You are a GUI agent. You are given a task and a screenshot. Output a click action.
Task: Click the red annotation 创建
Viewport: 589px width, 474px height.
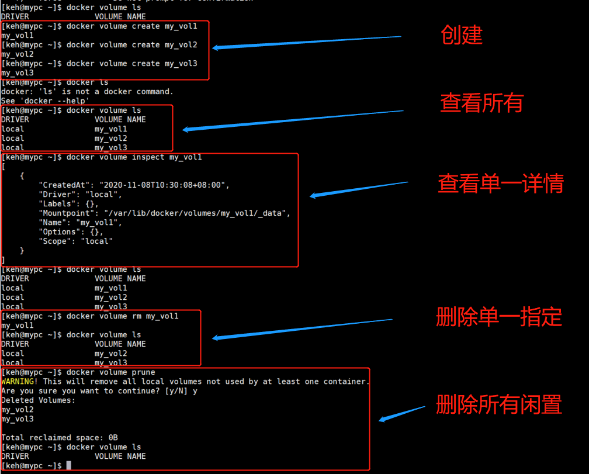pos(462,36)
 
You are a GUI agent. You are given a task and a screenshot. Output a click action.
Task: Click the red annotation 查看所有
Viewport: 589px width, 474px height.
pos(481,103)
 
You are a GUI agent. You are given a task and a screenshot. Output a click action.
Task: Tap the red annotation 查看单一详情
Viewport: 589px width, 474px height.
pos(501,184)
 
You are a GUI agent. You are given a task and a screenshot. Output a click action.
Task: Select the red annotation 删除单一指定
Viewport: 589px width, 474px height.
pos(499,317)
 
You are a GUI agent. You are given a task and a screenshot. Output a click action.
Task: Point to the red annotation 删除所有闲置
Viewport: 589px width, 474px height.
pos(499,404)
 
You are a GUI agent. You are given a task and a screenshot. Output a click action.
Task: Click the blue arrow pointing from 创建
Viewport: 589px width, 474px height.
pos(307,42)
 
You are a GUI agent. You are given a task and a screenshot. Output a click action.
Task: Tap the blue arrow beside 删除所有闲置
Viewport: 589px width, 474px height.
pos(401,413)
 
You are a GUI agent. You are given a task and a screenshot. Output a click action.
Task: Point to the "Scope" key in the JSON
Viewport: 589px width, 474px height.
pos(55,241)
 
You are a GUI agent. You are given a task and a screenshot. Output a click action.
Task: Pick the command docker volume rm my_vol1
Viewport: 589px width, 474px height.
pos(122,316)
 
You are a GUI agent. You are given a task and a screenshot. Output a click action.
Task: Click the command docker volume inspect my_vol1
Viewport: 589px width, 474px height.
pos(134,157)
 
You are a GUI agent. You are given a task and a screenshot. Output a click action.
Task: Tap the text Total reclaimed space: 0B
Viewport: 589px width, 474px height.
pos(59,438)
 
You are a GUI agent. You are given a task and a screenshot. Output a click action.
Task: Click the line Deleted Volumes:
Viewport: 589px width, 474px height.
pos(38,400)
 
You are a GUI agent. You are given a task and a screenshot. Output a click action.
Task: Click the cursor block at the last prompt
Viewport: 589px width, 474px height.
pos(68,466)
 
